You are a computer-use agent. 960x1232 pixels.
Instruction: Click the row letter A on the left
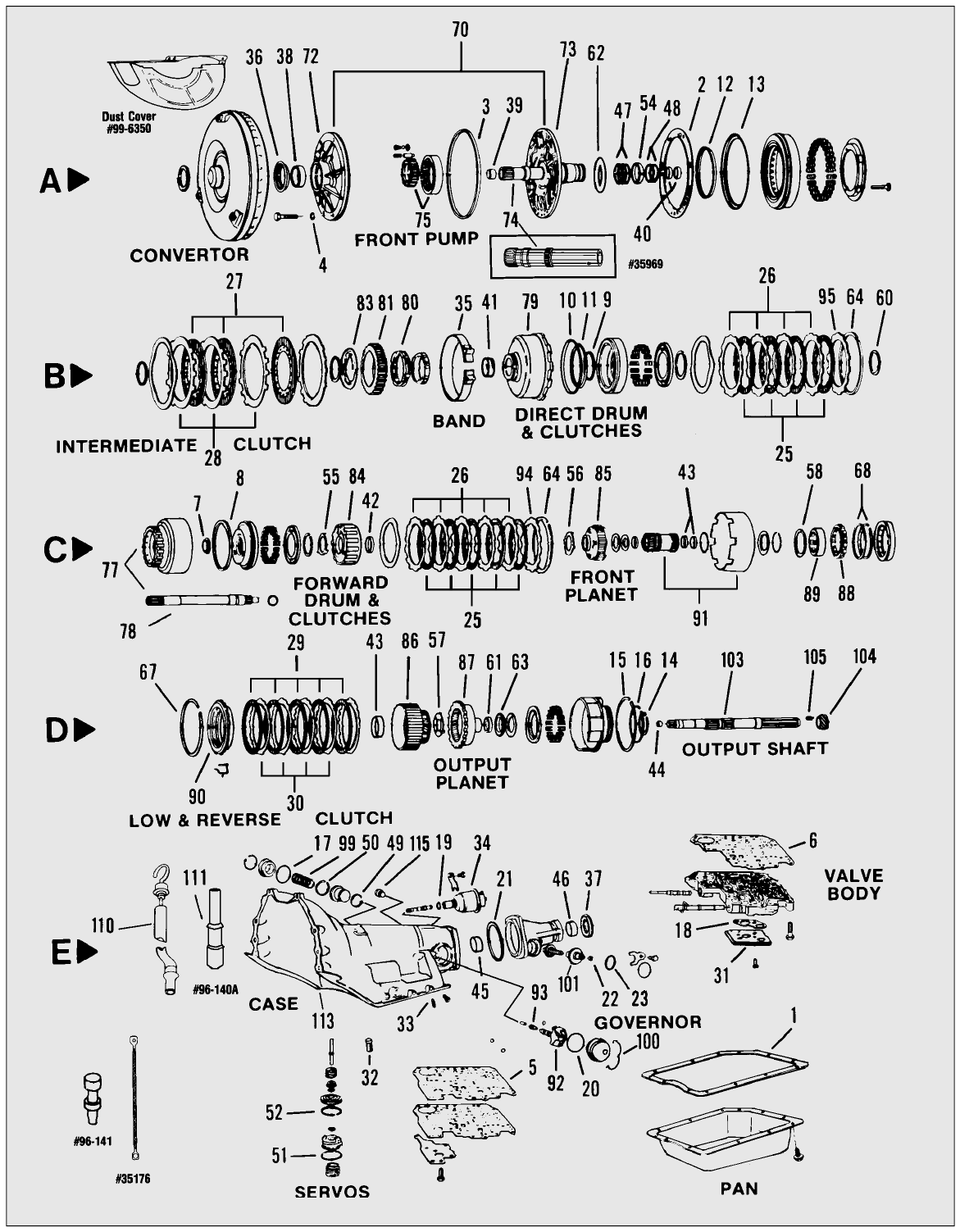[51, 181]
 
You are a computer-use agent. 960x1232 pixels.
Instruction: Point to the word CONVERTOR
[189, 255]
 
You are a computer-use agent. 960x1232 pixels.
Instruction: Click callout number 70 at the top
[460, 30]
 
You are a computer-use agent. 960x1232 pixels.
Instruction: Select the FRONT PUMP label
[416, 240]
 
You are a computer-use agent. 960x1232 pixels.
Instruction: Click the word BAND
[459, 421]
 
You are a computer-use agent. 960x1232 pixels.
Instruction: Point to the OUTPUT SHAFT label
[754, 748]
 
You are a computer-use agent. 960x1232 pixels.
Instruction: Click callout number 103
[731, 660]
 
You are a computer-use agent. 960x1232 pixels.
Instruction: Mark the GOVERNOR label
[648, 1022]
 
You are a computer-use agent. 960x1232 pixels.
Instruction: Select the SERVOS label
[332, 1192]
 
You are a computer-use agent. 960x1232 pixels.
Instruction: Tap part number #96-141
[93, 1140]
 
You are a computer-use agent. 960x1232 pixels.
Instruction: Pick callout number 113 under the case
[323, 1021]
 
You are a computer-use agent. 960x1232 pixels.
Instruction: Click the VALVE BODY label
[853, 884]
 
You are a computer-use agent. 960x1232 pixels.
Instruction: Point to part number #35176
[133, 1179]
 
